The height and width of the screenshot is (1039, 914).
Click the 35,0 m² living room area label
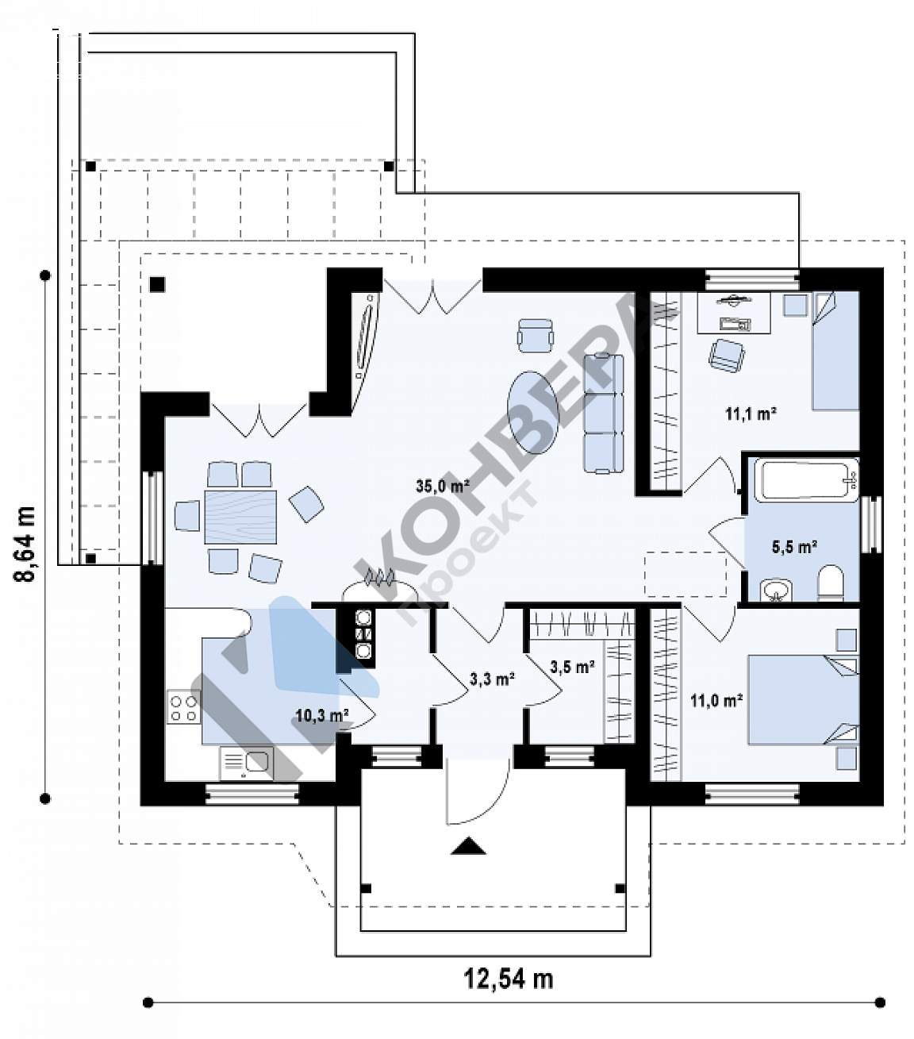pyautogui.click(x=443, y=485)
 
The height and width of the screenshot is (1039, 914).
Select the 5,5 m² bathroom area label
pyautogui.click(x=794, y=547)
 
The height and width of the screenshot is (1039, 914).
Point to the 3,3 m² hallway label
pyautogui.click(x=492, y=679)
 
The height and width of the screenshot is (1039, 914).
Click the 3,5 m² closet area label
pyautogui.click(x=572, y=667)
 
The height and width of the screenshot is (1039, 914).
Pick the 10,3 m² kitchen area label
pyautogui.click(x=322, y=715)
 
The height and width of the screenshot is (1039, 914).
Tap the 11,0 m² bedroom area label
pyautogui.click(x=716, y=700)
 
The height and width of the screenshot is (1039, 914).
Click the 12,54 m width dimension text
pyautogui.click(x=509, y=979)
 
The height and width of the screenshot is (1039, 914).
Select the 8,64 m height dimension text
pyautogui.click(x=25, y=545)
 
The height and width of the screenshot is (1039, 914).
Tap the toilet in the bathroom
pyautogui.click(x=830, y=583)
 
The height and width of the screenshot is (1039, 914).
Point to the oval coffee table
pyautogui.click(x=533, y=413)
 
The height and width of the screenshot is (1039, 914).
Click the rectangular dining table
pyautogui.click(x=240, y=517)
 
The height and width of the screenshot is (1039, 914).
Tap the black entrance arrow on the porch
pyautogui.click(x=468, y=845)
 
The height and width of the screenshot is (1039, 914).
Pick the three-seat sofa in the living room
pyautogui.click(x=604, y=413)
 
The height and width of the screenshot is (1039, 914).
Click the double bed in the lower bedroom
pyautogui.click(x=803, y=699)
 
